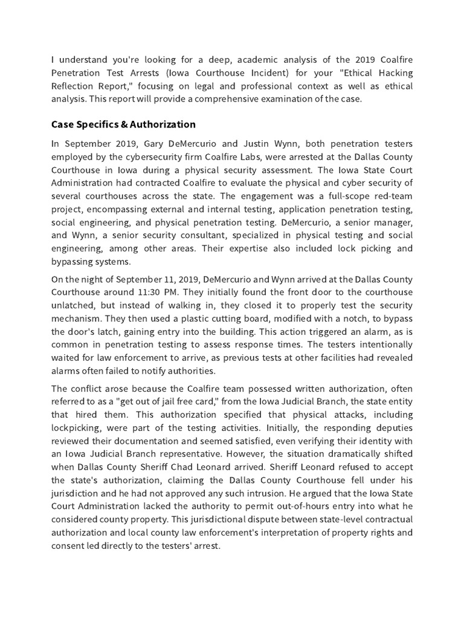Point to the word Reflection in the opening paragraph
pyautogui.click(x=72, y=86)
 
